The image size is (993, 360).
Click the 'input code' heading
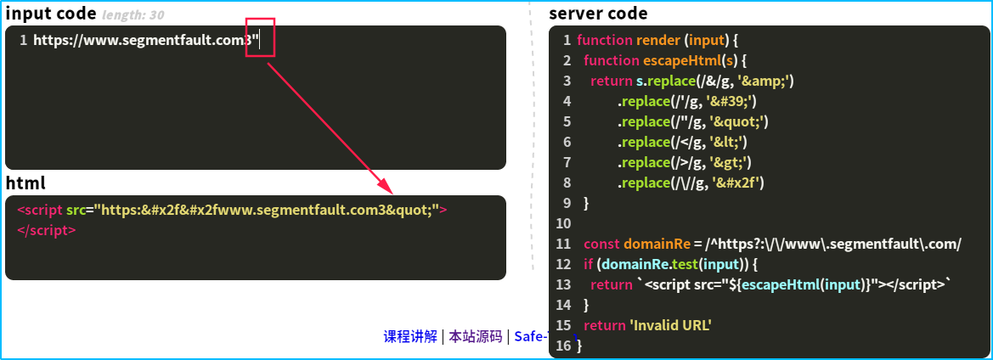50,14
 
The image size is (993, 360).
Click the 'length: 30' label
133,15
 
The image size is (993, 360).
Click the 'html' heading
25,183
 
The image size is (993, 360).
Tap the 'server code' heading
598,14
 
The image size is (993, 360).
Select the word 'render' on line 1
659,40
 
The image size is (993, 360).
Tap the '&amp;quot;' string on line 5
736,121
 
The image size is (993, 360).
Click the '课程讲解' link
410,336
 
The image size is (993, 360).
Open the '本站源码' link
475,336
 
